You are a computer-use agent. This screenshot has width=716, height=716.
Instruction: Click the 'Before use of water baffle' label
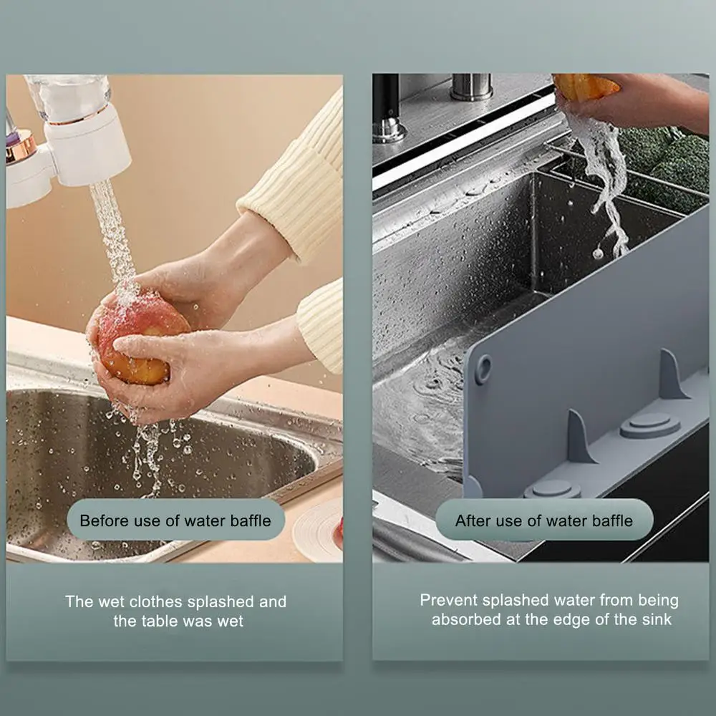click(175, 520)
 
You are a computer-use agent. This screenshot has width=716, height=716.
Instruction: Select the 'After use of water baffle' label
click(544, 520)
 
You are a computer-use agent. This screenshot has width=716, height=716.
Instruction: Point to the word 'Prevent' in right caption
click(448, 600)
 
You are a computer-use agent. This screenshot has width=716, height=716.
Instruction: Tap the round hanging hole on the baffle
click(483, 369)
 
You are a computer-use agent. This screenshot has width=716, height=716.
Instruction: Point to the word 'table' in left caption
click(155, 621)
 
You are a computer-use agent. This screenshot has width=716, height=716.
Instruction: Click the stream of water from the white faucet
click(111, 229)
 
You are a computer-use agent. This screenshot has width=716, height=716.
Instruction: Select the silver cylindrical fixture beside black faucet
click(470, 87)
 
